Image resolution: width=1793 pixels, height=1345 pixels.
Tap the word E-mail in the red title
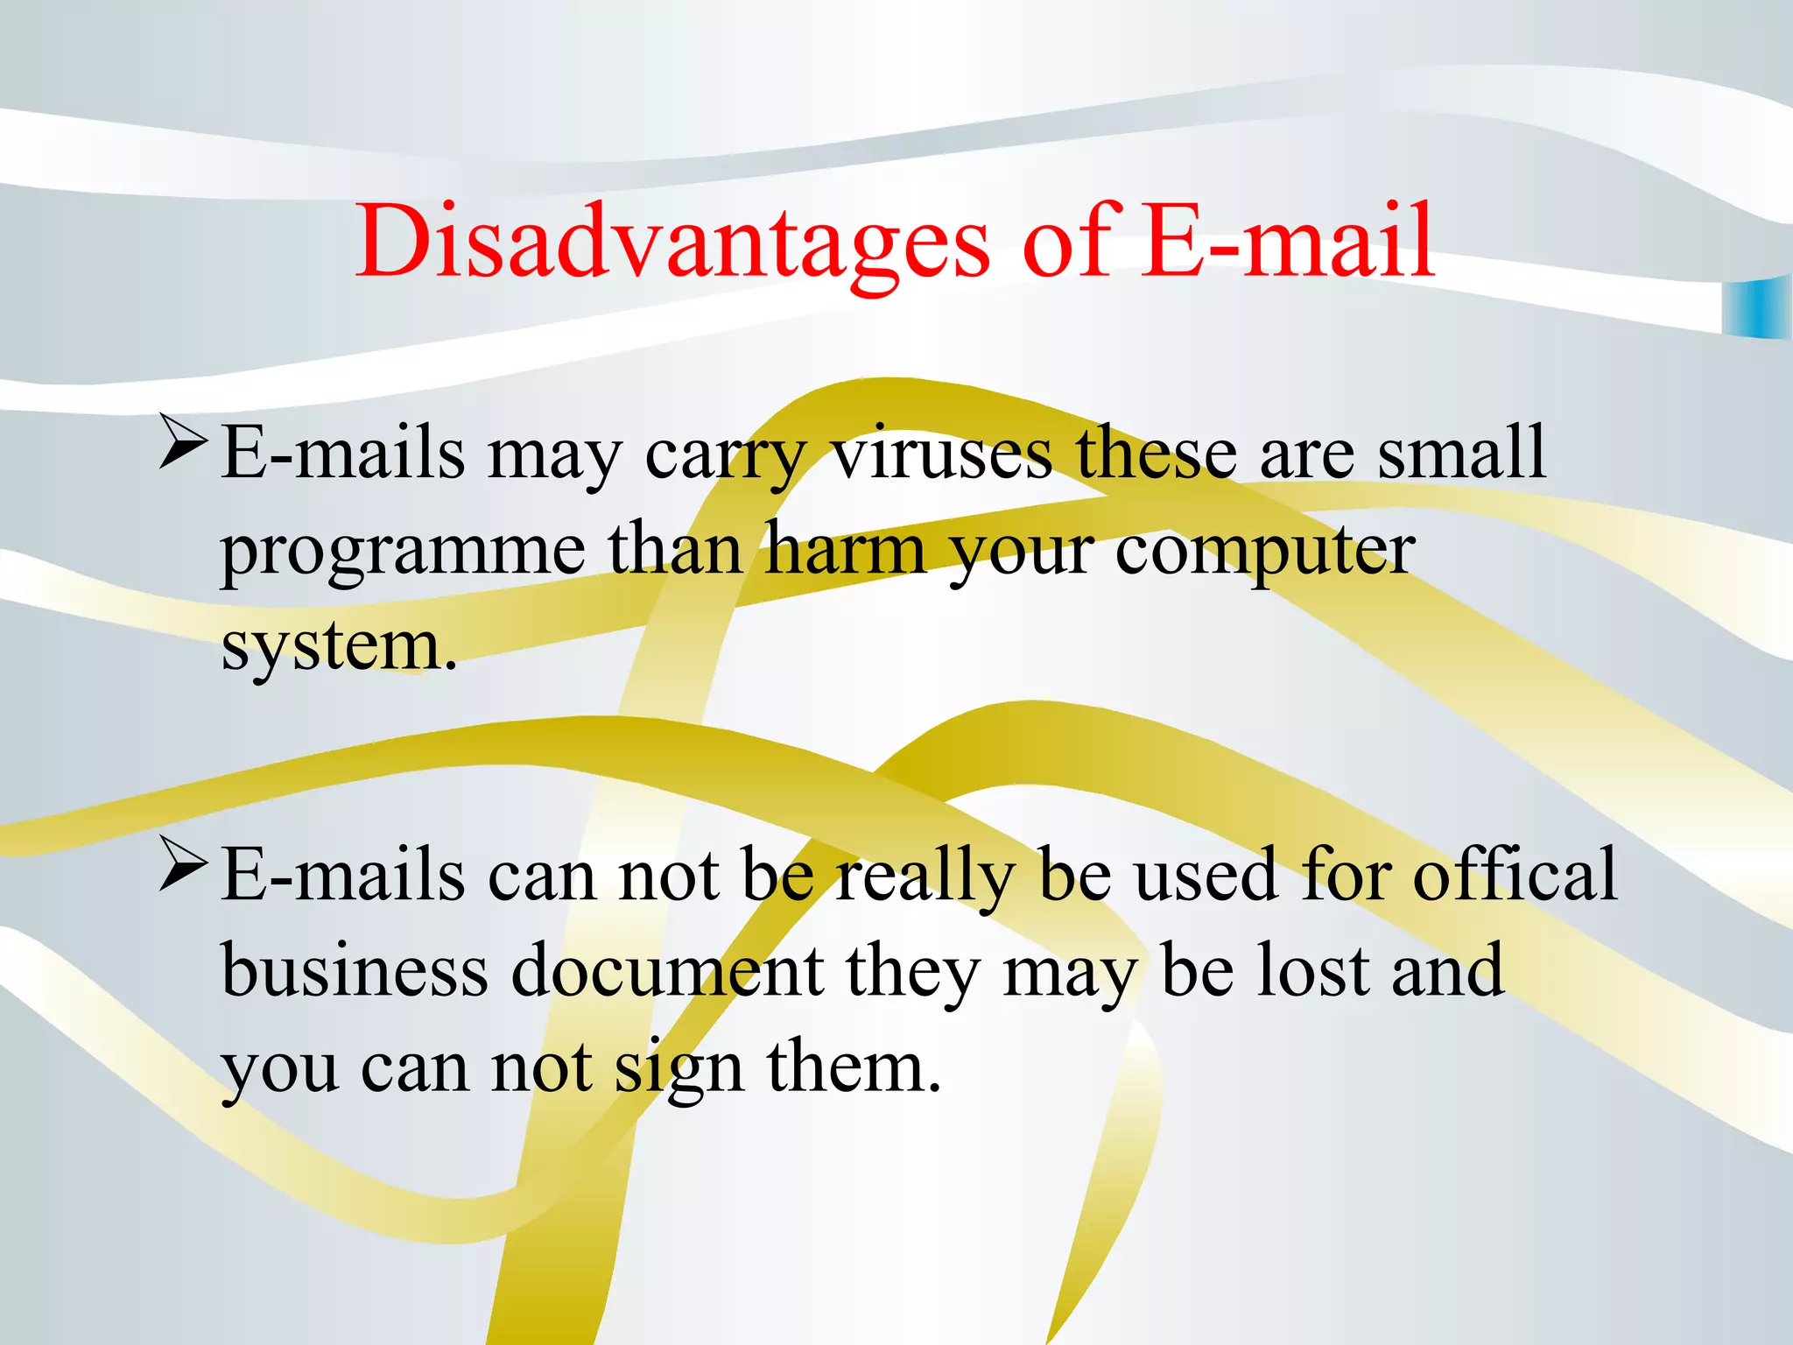click(1287, 241)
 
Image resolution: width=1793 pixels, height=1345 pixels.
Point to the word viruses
click(941, 454)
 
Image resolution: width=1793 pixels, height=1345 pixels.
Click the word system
click(338, 648)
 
